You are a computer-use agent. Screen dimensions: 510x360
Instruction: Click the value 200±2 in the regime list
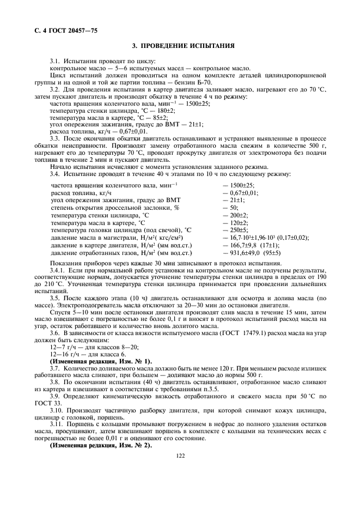pyautogui.click(x=239, y=215)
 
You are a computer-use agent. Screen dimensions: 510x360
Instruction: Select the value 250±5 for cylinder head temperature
pyautogui.click(x=239, y=230)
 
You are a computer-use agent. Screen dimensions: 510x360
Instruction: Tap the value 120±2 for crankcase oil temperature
pyautogui.click(x=239, y=223)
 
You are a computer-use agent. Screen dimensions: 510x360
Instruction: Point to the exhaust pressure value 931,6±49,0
pyautogui.click(x=247, y=253)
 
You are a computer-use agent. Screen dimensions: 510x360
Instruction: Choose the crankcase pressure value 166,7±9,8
pyautogui.click(x=245, y=245)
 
